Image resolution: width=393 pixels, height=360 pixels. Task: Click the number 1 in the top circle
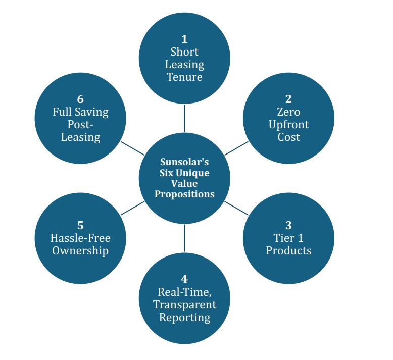(x=184, y=39)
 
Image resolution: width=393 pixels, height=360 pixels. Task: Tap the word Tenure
(x=184, y=77)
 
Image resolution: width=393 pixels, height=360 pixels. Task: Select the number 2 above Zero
(x=288, y=99)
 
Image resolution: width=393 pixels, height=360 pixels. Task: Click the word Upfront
(x=288, y=124)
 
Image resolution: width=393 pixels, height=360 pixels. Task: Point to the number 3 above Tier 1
(x=288, y=225)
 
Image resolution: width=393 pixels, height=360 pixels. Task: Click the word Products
(x=288, y=250)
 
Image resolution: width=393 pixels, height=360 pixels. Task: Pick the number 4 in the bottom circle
(x=184, y=279)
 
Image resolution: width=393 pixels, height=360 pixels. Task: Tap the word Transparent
(x=184, y=304)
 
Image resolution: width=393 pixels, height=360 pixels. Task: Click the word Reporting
(x=184, y=317)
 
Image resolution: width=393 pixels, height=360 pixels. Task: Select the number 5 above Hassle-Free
(x=80, y=225)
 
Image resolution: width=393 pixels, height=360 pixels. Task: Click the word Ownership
(x=80, y=250)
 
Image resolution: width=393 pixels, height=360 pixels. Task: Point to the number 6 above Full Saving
(x=80, y=99)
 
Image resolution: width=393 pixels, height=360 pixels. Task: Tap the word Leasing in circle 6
(x=80, y=137)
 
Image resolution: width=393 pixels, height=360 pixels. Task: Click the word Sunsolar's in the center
(x=184, y=162)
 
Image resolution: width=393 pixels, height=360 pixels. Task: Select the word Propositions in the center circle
(x=184, y=194)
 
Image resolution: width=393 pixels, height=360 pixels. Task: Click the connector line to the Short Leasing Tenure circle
(x=184, y=118)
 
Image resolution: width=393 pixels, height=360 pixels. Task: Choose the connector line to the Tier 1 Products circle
(x=235, y=208)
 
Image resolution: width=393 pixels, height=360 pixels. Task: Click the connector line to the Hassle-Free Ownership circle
(x=133, y=208)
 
